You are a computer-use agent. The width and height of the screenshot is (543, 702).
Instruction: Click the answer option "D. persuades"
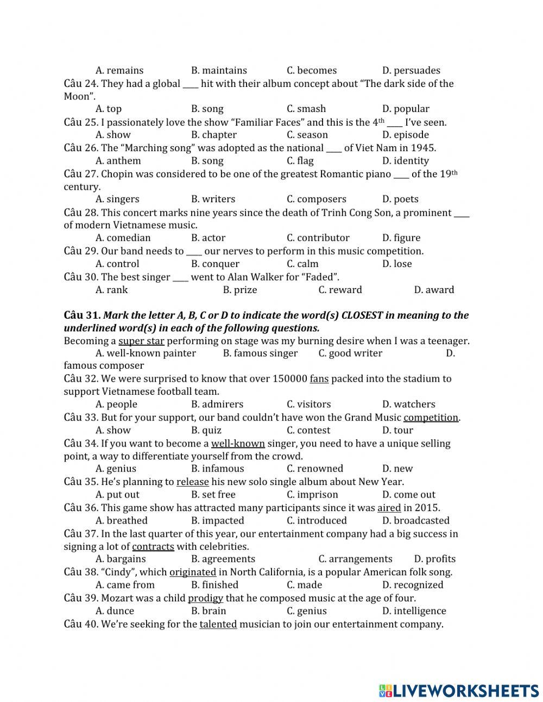coord(411,70)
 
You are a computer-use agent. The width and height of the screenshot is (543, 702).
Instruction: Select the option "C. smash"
coord(306,109)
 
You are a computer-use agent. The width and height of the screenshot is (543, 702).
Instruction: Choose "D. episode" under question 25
coord(405,135)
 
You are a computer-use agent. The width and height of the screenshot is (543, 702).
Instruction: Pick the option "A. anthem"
coord(118,161)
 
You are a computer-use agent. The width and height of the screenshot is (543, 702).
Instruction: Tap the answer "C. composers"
coord(316,200)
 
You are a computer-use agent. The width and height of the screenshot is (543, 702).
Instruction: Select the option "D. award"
coord(434,290)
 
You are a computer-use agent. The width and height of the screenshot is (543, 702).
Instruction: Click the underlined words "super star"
coord(141,341)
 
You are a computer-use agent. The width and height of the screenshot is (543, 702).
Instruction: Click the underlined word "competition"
coord(431,418)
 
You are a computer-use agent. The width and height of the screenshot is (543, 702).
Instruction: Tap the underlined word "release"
coord(192,482)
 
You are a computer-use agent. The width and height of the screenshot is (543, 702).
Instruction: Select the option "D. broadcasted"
coord(415,520)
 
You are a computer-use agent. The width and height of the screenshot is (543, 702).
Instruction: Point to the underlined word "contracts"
coord(153,546)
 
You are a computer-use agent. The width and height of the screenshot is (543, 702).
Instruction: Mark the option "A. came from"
coord(125,585)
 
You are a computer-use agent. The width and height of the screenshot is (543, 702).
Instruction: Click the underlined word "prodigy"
coord(205,598)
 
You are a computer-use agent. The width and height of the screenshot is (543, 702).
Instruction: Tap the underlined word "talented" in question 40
coord(218,624)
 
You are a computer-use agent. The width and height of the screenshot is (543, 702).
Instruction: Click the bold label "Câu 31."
coord(82,315)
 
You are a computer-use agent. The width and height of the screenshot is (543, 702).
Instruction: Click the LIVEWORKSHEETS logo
coord(459,691)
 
